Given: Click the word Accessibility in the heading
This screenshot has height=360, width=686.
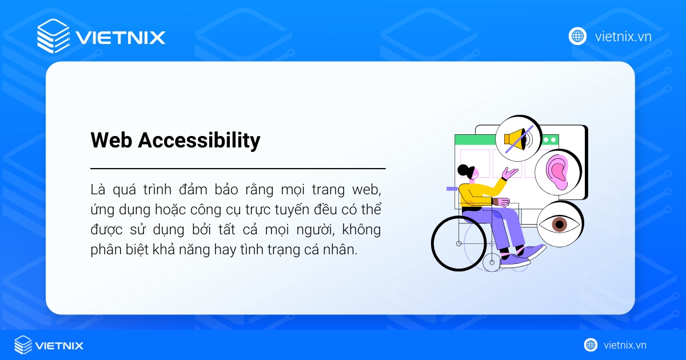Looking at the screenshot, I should (199, 141).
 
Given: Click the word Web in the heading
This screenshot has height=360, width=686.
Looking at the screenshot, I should (111, 141).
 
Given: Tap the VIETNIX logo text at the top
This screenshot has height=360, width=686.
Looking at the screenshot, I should (121, 38).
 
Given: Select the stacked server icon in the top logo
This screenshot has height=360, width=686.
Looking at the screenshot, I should (53, 36).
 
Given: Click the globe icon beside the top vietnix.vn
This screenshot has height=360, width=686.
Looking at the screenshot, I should (577, 36).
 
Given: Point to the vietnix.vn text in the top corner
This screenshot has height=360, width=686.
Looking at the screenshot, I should (623, 37).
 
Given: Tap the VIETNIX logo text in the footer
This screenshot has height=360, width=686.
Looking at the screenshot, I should (59, 345).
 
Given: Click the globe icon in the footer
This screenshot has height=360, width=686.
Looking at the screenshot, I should (591, 345).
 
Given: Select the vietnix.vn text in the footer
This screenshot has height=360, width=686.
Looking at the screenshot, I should (625, 345).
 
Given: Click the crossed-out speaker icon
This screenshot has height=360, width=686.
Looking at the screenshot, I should (518, 139).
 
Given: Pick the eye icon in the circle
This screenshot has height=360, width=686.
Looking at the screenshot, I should (559, 223).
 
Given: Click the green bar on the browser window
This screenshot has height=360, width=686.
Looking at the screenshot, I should (474, 140).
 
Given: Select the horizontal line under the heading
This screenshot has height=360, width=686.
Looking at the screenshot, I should (238, 169).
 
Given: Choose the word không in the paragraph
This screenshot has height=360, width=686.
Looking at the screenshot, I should (361, 230).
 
